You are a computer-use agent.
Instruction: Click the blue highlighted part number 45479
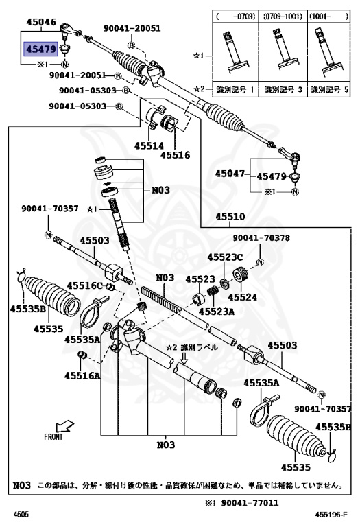(x=40, y=49)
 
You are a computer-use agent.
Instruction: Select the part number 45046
(x=40, y=23)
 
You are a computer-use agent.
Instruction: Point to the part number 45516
(x=176, y=155)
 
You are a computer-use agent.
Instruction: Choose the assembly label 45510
(x=231, y=217)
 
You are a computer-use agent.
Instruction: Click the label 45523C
(x=226, y=257)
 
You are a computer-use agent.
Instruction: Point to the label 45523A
(x=217, y=311)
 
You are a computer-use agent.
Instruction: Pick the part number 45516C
(x=85, y=285)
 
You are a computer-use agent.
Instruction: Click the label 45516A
(x=82, y=375)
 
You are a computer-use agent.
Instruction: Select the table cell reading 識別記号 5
(x=326, y=89)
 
